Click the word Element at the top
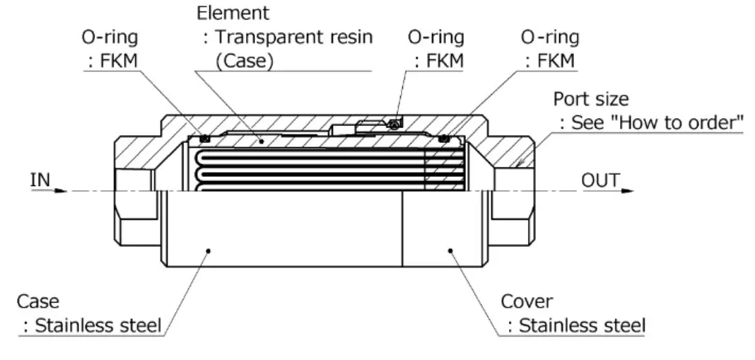(223, 12)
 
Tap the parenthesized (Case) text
(244, 61)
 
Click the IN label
(40, 180)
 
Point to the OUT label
(601, 180)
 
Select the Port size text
(590, 98)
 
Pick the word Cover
(527, 302)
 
